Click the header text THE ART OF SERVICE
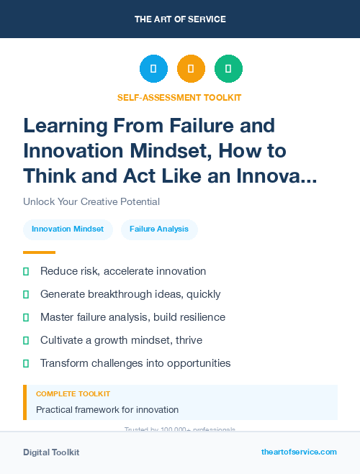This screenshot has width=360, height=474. point(180,19)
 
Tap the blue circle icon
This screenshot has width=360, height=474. point(153,69)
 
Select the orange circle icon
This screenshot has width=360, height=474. point(191,69)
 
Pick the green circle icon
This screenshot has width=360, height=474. point(228,69)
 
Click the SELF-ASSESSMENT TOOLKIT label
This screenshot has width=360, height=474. point(180,97)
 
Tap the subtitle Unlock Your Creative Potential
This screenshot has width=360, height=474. point(91,201)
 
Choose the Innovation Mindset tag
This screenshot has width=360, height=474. point(68,229)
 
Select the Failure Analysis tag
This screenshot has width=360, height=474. point(159,229)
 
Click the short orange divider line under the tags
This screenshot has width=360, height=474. point(39,252)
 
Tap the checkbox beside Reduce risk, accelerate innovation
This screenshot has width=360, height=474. point(26,271)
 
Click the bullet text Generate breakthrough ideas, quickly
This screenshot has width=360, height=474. point(130,294)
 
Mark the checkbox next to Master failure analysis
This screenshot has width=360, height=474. point(26,317)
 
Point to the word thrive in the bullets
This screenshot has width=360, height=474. point(189,340)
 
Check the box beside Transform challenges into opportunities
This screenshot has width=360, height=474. point(26,363)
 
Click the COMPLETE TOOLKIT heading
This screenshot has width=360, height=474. point(73,394)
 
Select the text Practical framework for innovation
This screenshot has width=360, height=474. point(107,410)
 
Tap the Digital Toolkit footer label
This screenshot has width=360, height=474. point(51,452)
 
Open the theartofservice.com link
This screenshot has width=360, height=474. point(299,452)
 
